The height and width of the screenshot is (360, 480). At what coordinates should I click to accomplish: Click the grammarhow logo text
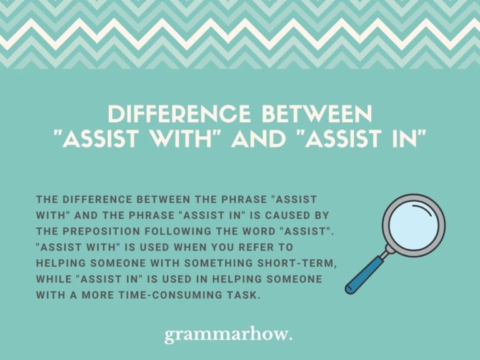[229, 335]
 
